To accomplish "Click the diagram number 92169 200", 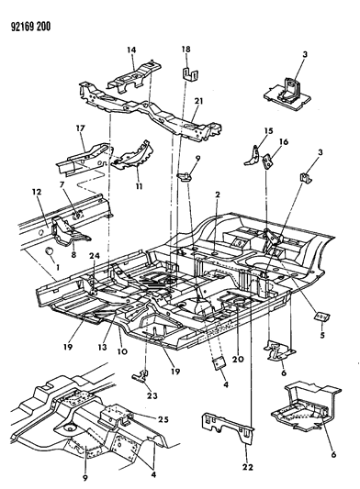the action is [30, 27].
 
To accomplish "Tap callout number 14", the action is [131, 50].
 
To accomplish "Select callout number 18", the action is [186, 49].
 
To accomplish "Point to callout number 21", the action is [199, 101].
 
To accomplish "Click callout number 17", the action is [80, 128].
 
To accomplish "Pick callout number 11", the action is [139, 186].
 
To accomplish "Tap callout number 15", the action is [268, 130].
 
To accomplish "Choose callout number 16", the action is [284, 142].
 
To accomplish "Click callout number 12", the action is [37, 192].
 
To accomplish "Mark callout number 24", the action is [95, 256].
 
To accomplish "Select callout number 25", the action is [163, 419].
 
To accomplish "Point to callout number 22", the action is [247, 467].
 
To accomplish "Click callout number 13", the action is [103, 347].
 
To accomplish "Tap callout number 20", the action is [240, 360].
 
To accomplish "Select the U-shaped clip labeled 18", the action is [190, 75].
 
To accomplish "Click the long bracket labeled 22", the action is [228, 428].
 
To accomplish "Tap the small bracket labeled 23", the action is [140, 375].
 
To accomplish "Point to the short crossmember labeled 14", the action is [134, 78].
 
